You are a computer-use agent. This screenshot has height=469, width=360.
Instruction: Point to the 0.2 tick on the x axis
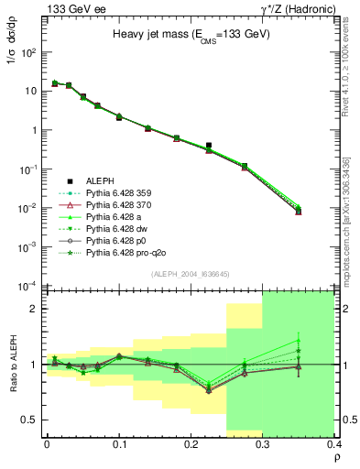point(191,442)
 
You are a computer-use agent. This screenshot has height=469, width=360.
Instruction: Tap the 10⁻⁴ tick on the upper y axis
point(32,286)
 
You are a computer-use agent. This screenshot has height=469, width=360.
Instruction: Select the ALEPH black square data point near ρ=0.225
point(209,145)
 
